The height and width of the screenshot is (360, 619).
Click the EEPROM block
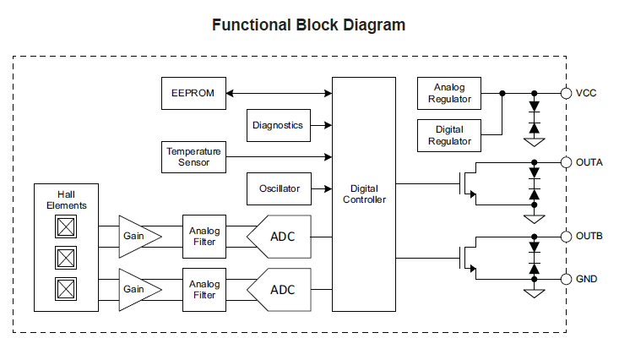click(193, 93)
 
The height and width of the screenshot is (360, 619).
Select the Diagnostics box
click(279, 125)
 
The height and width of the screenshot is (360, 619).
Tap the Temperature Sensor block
click(193, 157)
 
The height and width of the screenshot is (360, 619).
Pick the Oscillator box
click(279, 188)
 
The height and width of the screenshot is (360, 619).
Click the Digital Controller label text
click(364, 194)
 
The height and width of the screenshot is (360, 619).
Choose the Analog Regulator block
click(449, 93)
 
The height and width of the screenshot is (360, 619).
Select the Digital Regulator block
click(449, 135)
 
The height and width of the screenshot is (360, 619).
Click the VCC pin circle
click(566, 93)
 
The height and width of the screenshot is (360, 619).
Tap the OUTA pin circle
click(566, 162)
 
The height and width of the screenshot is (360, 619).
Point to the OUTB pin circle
click(566, 237)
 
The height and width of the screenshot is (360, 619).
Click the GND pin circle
click(566, 280)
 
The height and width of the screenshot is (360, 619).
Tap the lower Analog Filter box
click(204, 290)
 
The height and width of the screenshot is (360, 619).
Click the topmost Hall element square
click(66, 226)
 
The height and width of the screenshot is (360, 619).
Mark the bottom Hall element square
click(66, 289)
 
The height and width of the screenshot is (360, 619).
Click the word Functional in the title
click(252, 25)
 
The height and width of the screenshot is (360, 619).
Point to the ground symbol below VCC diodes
click(534, 142)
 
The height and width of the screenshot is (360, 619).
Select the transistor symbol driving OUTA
click(468, 183)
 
